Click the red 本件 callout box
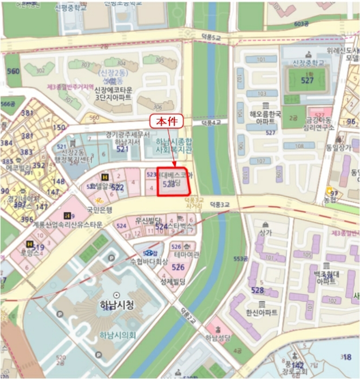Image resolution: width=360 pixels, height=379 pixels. click(166, 122)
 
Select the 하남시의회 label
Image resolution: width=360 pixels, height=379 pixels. click(117, 335)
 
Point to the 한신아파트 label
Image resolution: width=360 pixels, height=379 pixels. click(261, 313)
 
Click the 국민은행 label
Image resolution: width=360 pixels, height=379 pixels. click(100, 209)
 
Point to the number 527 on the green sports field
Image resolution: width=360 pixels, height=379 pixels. click(307, 81)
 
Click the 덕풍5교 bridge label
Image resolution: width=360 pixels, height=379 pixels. click(211, 37)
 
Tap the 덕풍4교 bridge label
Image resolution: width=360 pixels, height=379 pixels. click(212, 123)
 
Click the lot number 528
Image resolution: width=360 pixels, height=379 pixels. click(258, 291)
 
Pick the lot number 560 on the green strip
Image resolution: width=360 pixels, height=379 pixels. click(12, 71)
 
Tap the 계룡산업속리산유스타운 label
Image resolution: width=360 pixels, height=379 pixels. click(68, 225)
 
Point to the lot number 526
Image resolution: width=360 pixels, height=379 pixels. click(178, 267)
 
